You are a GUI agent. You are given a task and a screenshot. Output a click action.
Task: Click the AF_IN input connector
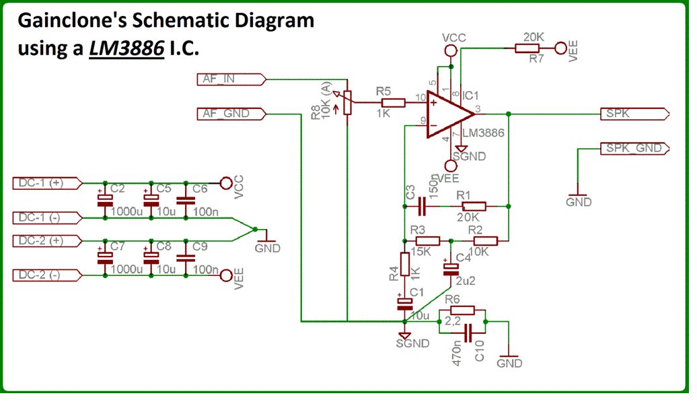coord(231,79)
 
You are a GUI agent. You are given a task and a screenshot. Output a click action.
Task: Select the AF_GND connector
coord(231,114)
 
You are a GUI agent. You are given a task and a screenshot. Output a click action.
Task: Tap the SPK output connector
coord(635,114)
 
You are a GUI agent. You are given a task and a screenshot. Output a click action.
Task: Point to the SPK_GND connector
coord(635,149)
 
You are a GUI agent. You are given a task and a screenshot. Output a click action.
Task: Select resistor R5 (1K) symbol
coord(393,103)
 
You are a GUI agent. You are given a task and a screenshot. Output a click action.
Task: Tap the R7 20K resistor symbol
coord(527,48)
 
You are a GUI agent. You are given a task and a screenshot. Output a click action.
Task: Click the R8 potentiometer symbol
coord(346,103)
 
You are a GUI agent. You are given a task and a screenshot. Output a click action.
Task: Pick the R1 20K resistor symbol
coord(474,207)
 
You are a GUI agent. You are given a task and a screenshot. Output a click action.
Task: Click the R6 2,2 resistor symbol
coord(462,310)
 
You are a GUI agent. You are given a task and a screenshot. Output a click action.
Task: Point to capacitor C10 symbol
coord(468,333)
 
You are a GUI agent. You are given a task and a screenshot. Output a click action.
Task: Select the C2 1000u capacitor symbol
coord(105,201)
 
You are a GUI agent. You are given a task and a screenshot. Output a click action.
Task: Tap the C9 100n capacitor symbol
coord(186,258)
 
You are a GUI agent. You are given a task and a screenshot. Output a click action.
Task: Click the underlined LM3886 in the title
coord(126,48)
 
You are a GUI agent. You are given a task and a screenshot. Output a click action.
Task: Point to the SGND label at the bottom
coord(412,343)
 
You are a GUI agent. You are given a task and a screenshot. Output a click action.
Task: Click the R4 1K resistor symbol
coord(404,265)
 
